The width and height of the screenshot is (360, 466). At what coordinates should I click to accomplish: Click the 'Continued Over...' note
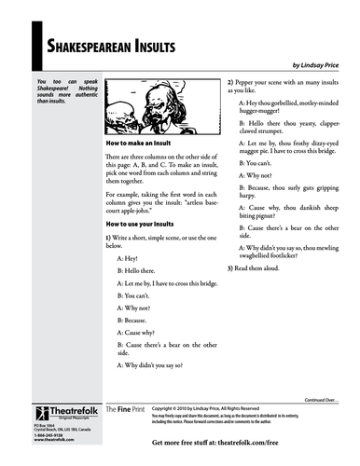325,394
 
